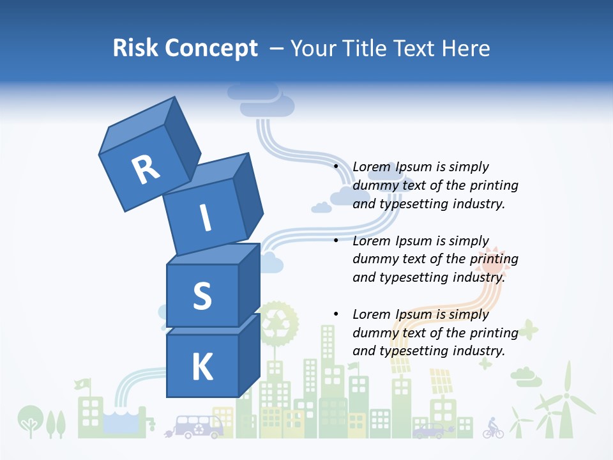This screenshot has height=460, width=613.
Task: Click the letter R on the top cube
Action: pyautogui.click(x=146, y=169)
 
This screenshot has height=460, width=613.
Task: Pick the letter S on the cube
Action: pyautogui.click(x=202, y=296)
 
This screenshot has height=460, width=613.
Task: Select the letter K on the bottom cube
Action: pyautogui.click(x=202, y=367)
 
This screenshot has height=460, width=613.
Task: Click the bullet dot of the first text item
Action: pyautogui.click(x=336, y=167)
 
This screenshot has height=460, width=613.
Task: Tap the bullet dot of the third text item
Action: pyautogui.click(x=336, y=314)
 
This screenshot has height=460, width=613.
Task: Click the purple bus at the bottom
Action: pyautogui.click(x=199, y=425)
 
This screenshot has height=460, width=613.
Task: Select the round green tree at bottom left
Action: pyautogui.click(x=29, y=418)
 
